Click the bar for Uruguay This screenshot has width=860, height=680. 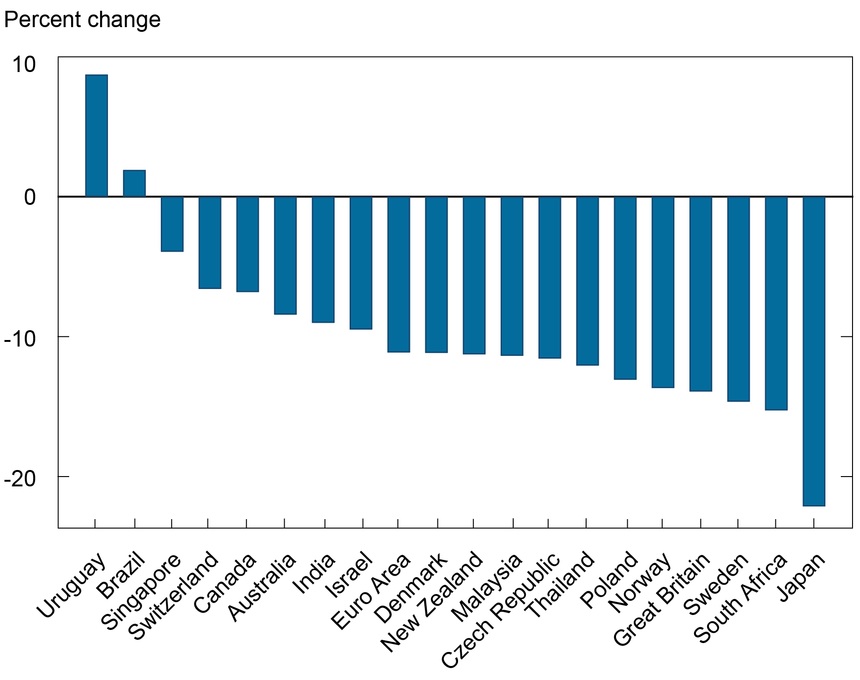pyautogui.click(x=96, y=136)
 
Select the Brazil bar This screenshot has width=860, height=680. pyautogui.click(x=134, y=183)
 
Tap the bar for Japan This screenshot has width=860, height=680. pyautogui.click(x=814, y=351)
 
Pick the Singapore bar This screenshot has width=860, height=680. pyautogui.click(x=172, y=224)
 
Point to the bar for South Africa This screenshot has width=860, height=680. pyautogui.click(x=776, y=303)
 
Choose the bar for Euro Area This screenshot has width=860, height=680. pyautogui.click(x=399, y=274)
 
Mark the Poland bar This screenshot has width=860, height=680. pyautogui.click(x=625, y=288)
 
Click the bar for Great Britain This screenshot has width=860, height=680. pyautogui.click(x=701, y=294)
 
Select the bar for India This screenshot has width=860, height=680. pyautogui.click(x=323, y=260)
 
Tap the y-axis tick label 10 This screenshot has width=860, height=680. pyautogui.click(x=24, y=65)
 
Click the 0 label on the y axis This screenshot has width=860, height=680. pyautogui.click(x=30, y=197)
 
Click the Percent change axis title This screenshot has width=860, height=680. pyautogui.click(x=82, y=20)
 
